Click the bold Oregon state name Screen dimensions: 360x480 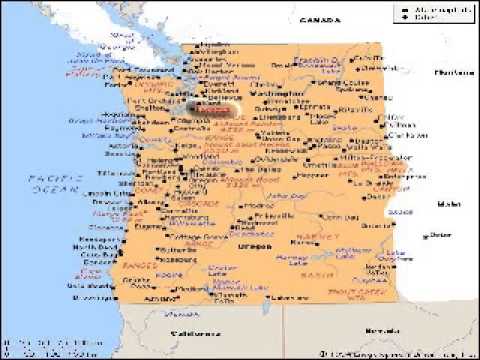pos(251,244)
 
